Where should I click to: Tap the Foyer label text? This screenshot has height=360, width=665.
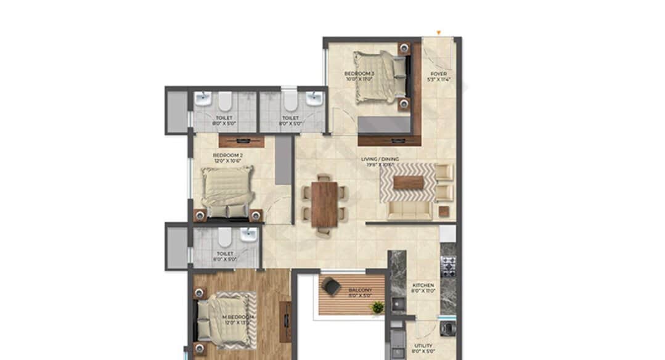pos(439,76)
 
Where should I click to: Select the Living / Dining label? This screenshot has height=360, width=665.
pos(380,162)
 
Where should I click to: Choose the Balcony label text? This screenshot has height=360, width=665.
pos(361,292)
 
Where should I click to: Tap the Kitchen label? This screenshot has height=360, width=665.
pos(423,288)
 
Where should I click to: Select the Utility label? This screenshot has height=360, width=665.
pos(423,348)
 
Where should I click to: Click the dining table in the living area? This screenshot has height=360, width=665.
pos(324,205)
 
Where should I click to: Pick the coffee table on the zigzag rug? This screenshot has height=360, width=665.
pos(408,182)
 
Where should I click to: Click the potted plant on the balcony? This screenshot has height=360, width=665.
pos(377,306)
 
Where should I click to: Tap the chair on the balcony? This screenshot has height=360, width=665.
pos(332,286)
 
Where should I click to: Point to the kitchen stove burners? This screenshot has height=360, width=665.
pos(448,266)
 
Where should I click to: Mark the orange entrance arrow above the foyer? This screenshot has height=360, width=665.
pos(438,32)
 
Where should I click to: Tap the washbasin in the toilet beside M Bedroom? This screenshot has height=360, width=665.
pos(248,234)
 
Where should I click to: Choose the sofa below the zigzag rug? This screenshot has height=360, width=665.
pos(410,211)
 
